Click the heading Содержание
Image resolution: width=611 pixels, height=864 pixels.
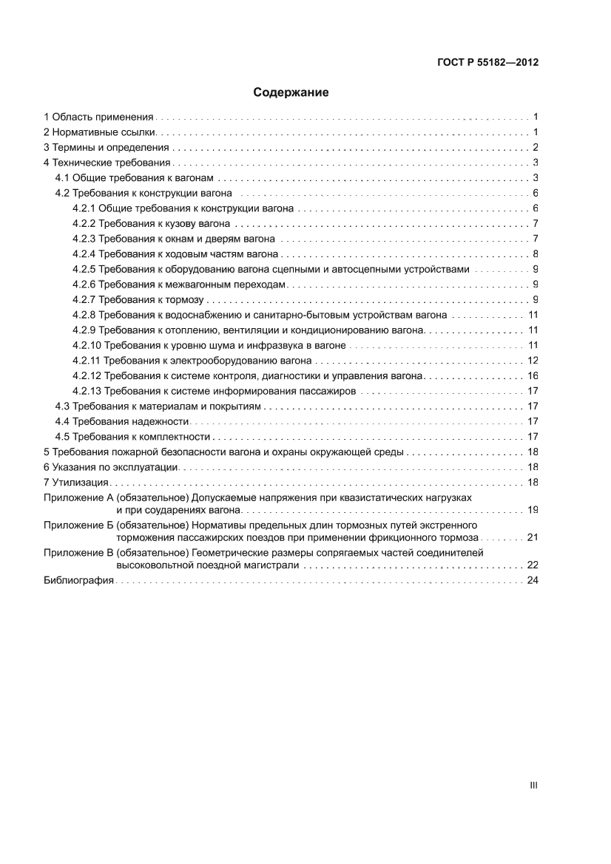(291, 93)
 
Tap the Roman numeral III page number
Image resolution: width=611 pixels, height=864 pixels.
(533, 786)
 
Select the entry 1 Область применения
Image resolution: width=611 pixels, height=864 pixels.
(98, 116)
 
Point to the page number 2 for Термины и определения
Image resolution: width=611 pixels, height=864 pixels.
(535, 147)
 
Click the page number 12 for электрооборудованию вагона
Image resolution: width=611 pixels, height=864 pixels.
(532, 361)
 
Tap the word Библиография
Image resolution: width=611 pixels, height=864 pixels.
(78, 581)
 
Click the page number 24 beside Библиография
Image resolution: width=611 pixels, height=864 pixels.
(532, 581)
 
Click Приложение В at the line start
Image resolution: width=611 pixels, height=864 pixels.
(78, 552)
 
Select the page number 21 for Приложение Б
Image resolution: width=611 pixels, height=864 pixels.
(532, 537)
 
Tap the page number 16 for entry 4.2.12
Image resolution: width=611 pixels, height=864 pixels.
(532, 375)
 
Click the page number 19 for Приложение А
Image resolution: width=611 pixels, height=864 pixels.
(532, 510)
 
